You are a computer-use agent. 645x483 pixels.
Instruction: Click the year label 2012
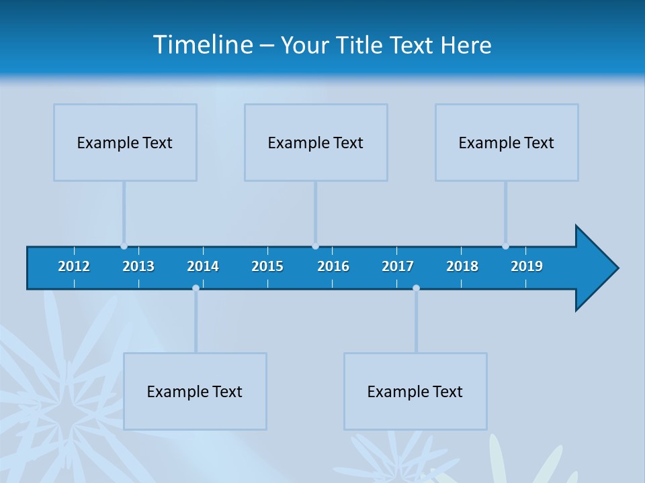click(74, 266)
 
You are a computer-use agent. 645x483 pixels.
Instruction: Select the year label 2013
click(138, 266)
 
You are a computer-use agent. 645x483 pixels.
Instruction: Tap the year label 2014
click(203, 266)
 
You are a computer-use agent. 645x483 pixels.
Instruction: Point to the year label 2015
click(267, 266)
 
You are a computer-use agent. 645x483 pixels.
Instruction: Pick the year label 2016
click(333, 266)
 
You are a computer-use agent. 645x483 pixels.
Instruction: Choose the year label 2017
click(398, 266)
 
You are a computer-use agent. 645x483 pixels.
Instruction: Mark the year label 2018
click(462, 266)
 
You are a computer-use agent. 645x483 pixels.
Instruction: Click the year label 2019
click(527, 266)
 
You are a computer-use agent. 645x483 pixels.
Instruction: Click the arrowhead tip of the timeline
click(617, 268)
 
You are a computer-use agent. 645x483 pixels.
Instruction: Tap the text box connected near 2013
click(125, 142)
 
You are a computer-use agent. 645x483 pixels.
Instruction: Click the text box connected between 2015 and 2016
click(316, 142)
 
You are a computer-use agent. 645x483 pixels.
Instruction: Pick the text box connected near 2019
click(507, 142)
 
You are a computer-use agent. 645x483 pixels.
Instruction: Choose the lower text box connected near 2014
click(195, 391)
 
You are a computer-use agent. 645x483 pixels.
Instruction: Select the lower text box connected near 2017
click(415, 391)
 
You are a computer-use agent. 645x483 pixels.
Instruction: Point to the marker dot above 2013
click(124, 246)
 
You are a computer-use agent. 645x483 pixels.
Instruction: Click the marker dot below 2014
click(196, 288)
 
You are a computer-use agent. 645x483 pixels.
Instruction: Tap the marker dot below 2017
click(416, 288)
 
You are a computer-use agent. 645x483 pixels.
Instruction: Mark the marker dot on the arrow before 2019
click(505, 246)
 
